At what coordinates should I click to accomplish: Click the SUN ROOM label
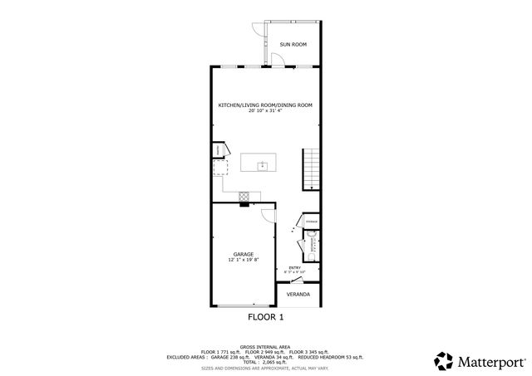pos(293,43)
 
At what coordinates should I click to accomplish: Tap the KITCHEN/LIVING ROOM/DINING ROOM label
pos(265,105)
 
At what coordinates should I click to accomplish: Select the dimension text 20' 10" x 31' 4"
pos(265,111)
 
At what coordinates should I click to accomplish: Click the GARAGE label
pos(244,255)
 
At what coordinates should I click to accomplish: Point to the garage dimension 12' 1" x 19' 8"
pos(244,261)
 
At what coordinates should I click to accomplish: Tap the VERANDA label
pos(298,295)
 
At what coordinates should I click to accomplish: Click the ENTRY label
pos(295,267)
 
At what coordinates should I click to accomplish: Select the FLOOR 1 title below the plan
pos(266,316)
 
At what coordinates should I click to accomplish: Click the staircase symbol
pos(311,169)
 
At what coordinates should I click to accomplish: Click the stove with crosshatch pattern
pos(244,197)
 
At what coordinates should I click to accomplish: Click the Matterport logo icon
pos(443,360)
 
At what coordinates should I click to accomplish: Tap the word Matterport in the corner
pos(490,360)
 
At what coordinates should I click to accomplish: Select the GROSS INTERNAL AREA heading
pos(265,347)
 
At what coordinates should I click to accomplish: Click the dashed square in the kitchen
pos(221,168)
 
